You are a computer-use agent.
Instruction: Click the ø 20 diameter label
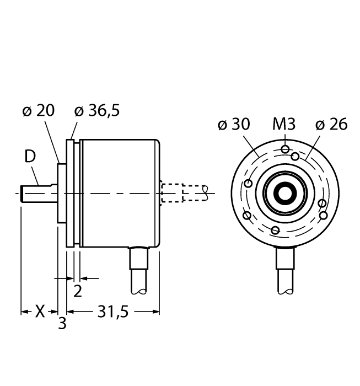pos(38,111)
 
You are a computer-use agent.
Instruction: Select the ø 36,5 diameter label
pos(96,111)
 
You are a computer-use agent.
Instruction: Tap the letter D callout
pos(30,157)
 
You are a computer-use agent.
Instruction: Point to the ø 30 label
pos(233,125)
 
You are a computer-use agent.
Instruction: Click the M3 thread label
pos(284,125)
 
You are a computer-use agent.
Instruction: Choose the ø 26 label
pos(331,125)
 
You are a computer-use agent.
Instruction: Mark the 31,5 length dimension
pos(112,312)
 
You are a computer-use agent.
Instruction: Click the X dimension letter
pos(40,312)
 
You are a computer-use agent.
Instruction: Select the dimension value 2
pos(78,291)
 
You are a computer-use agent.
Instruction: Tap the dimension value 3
pos(62,324)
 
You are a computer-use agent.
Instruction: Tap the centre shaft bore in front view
pos(284,194)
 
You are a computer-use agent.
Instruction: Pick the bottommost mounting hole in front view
pos(276,229)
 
